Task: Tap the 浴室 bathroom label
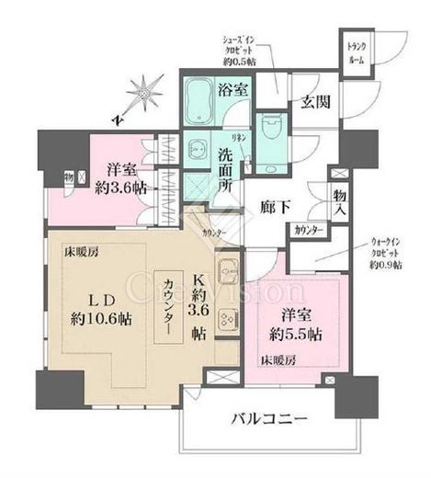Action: (232, 89)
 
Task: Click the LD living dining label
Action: (100, 299)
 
